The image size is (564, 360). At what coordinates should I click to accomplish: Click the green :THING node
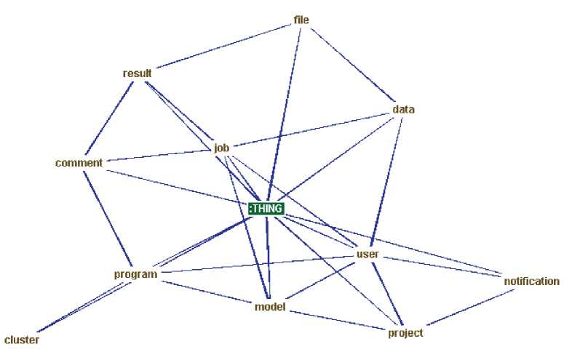pos(266,209)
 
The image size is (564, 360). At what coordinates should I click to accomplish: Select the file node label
pos(301,20)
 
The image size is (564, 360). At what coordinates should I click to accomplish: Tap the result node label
pos(137,73)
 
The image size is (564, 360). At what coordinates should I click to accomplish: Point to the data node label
pos(403,110)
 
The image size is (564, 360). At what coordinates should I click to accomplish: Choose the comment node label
pos(79,163)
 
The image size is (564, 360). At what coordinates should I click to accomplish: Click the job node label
pos(222,148)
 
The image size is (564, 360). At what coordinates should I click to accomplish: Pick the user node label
pos(368,255)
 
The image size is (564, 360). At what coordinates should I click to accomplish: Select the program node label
pos(136,274)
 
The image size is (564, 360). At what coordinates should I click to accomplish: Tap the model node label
pos(269,306)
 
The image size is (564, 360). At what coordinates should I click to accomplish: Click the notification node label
pos(531,281)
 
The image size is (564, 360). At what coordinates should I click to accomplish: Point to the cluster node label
pos(22,340)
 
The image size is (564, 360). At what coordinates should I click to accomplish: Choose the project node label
pos(406,332)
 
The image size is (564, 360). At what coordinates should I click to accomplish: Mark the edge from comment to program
pos(108,218)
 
